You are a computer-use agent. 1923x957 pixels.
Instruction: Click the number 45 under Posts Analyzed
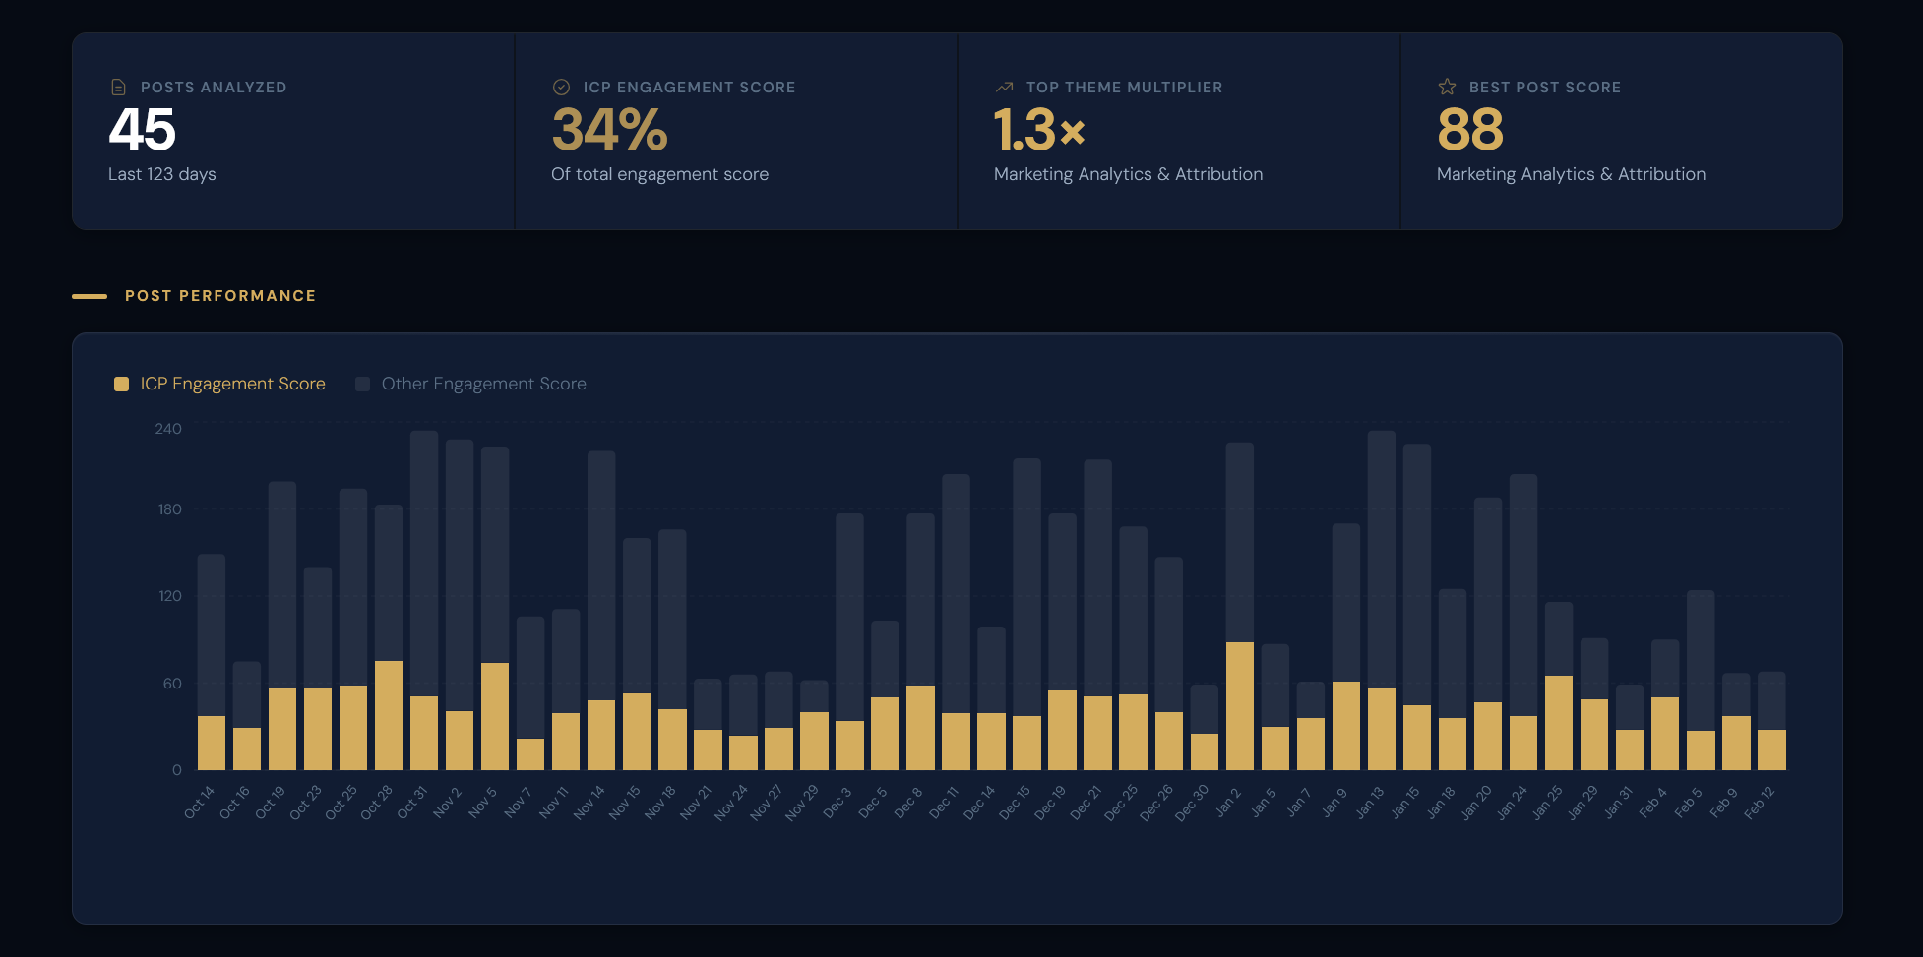(142, 130)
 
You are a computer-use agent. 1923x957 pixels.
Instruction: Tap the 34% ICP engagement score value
(609, 130)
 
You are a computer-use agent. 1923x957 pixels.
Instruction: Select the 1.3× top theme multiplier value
(1038, 130)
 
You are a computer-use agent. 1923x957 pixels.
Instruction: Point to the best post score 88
(1470, 130)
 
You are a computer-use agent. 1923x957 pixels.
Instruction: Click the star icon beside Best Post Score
(1447, 87)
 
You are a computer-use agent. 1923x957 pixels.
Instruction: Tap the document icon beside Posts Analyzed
(118, 88)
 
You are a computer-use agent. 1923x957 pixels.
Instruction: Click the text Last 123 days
(161, 174)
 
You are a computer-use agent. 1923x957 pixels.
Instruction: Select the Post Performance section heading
(219, 296)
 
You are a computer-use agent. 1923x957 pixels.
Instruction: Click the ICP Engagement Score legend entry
(232, 384)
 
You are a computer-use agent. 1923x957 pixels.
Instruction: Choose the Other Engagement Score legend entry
(483, 384)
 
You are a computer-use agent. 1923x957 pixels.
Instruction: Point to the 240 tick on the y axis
(168, 429)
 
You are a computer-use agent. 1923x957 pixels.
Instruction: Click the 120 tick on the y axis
(169, 596)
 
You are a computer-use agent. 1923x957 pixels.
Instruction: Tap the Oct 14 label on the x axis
(200, 802)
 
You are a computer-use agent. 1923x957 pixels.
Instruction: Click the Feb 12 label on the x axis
(1760, 802)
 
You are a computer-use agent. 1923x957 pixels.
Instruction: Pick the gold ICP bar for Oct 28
(389, 715)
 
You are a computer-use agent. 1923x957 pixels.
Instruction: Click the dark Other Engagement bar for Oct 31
(424, 561)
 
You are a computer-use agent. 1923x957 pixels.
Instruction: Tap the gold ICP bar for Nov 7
(530, 754)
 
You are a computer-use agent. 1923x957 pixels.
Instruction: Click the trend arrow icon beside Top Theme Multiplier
(1004, 88)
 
